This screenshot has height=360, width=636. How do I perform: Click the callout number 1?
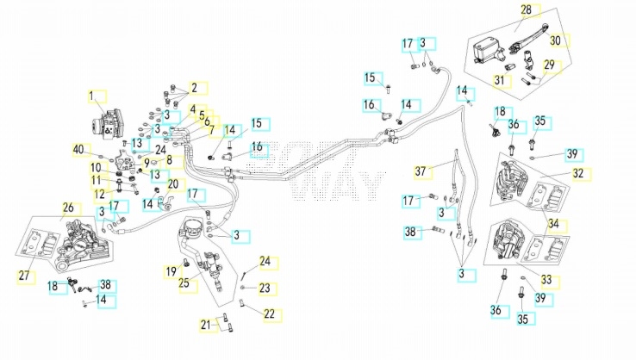(91, 96)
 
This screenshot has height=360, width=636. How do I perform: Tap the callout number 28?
(526, 9)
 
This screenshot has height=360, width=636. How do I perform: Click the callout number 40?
(78, 149)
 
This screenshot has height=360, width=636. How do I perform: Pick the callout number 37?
(421, 171)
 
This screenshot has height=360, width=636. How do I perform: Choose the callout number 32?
(578, 173)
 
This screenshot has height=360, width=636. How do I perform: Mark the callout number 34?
(553, 224)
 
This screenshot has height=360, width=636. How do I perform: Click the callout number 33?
(546, 279)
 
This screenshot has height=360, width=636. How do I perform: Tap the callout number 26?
(68, 208)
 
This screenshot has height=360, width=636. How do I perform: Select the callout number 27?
(24, 276)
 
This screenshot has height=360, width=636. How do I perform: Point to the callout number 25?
(184, 282)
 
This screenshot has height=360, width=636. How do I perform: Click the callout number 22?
(270, 313)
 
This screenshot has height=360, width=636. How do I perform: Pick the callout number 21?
(206, 325)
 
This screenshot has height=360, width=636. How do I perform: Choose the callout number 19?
(171, 270)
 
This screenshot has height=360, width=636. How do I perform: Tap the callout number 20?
(173, 184)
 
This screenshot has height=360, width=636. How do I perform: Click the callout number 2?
(194, 88)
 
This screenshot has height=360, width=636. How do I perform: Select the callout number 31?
(499, 80)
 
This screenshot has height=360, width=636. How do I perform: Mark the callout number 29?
(549, 65)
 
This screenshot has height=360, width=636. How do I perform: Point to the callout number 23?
(265, 289)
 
